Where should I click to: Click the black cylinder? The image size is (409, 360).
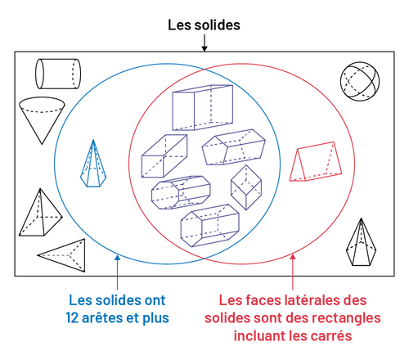(58, 74)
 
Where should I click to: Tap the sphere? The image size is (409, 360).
(360, 81)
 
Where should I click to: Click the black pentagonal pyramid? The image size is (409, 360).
(362, 244)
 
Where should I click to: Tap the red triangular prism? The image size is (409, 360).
(316, 161)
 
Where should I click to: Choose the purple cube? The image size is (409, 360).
(246, 187)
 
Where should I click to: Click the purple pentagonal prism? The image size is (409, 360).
(234, 147)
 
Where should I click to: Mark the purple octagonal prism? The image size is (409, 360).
(181, 192)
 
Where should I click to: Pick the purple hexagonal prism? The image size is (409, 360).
(210, 226)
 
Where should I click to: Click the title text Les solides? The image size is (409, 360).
(204, 25)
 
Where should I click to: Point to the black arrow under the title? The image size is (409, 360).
(204, 43)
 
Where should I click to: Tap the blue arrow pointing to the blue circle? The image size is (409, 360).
(118, 272)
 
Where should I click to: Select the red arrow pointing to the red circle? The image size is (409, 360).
(293, 272)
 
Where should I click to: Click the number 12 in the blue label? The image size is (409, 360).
(72, 318)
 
